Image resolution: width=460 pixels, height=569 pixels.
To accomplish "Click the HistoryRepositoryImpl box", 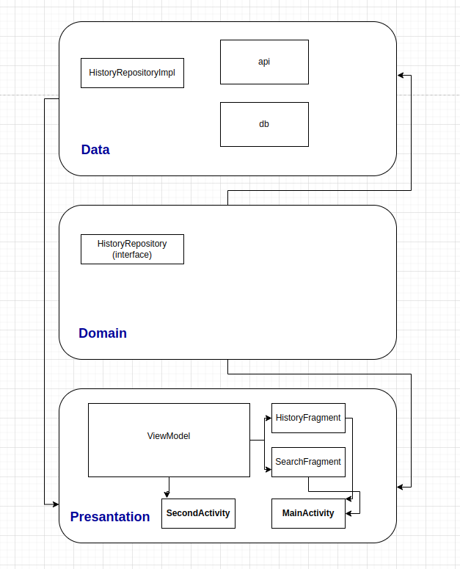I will coord(132,73).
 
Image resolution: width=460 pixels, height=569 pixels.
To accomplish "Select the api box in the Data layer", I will coord(264,62).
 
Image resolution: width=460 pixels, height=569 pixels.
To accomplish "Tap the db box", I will coord(264,124).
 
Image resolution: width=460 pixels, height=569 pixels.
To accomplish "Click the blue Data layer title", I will coord(95,150).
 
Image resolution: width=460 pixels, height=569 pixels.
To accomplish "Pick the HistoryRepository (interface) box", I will coord(132,249).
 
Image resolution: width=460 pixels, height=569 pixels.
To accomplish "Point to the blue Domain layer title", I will coord(103,333).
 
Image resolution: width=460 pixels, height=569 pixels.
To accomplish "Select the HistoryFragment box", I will coord(308,418).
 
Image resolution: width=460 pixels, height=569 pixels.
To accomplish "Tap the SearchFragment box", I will coord(308,462).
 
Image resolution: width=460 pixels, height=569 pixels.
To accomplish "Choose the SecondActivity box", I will coord(198,513).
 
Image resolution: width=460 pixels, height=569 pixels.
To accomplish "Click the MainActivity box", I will coord(308,513).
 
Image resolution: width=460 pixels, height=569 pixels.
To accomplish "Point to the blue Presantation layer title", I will coord(110,517).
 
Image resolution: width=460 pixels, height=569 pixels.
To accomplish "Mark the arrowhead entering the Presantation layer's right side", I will coord(401,487).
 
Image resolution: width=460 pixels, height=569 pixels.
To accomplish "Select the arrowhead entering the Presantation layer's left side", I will coord(55,504).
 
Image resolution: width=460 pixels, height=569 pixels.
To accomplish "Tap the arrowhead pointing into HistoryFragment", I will coord(268,418).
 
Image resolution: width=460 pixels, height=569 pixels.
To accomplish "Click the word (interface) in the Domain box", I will coord(132,255).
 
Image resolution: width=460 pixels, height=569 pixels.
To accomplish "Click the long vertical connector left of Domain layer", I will coord(44,294).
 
